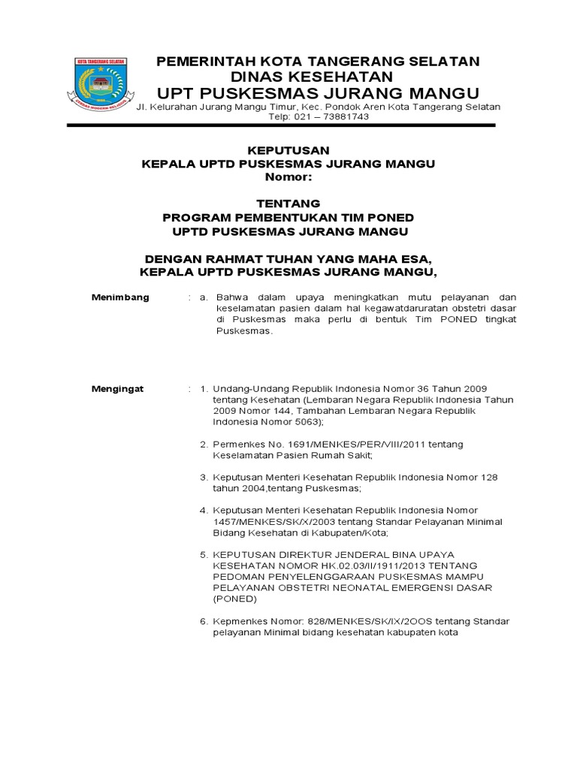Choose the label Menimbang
point(120,297)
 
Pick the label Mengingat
point(118,389)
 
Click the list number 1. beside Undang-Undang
point(203,389)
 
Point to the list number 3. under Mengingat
point(203,478)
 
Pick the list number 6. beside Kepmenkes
point(203,621)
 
